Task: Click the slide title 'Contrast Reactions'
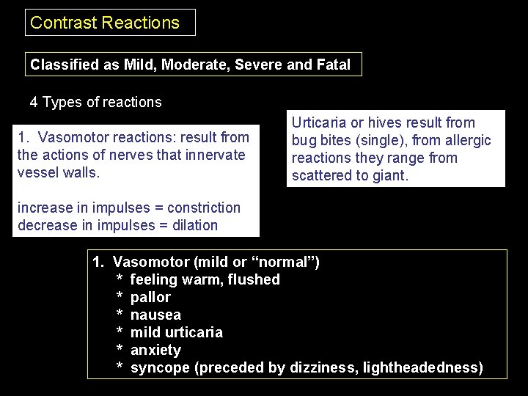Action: [105, 23]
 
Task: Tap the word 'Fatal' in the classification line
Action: [334, 65]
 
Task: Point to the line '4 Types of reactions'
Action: [95, 102]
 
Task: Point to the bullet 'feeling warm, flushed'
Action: [205, 279]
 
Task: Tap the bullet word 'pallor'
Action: [150, 297]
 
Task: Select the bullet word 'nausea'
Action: [155, 315]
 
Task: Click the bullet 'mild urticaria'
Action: [176, 332]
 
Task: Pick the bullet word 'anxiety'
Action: [155, 350]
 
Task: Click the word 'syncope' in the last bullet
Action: [159, 367]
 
